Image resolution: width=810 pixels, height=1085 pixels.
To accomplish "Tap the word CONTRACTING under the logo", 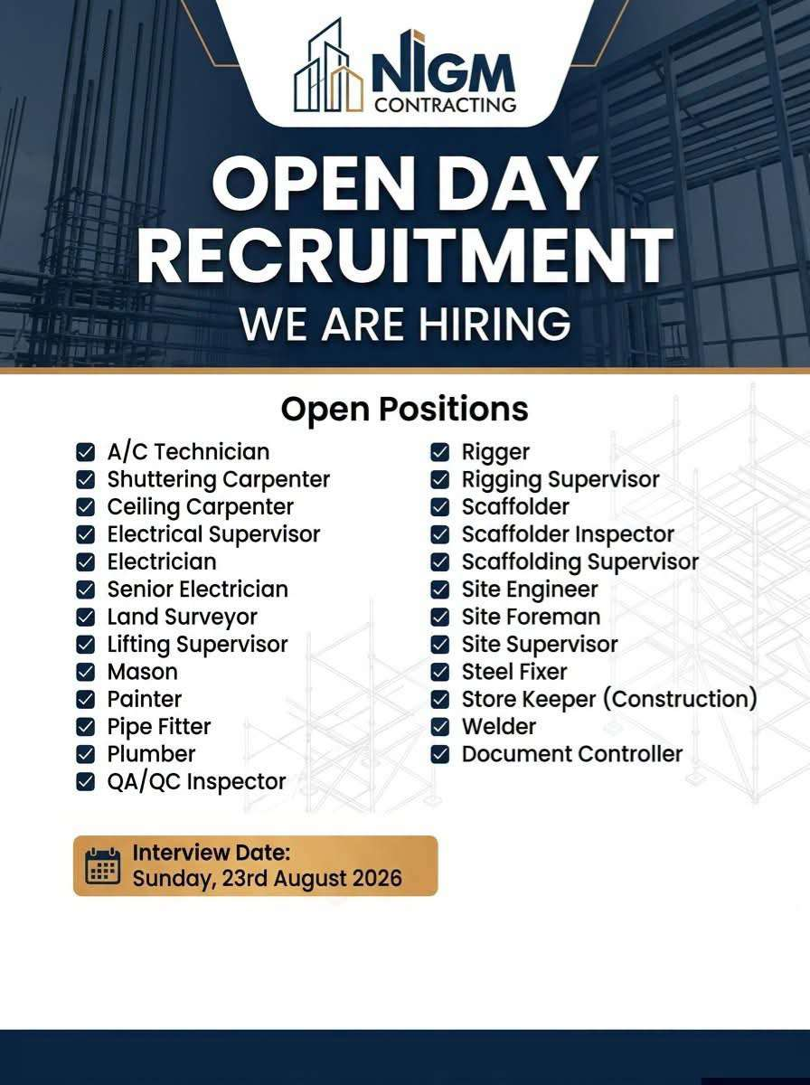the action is pos(446,105).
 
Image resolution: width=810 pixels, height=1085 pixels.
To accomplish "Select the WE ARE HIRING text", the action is pos(405,324).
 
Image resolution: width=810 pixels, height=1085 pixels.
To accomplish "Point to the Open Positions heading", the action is pos(405,410).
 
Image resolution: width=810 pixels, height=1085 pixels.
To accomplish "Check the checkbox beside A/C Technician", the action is pos(86,452).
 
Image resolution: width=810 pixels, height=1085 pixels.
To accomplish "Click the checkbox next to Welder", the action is pos(440,727).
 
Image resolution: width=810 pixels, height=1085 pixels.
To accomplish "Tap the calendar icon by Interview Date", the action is pos(103,865).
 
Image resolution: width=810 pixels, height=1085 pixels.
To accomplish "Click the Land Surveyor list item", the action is pos(183,618).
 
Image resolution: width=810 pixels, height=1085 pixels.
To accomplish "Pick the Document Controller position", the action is pos(572,754).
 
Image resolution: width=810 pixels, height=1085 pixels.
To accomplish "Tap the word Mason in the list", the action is pos(142,672).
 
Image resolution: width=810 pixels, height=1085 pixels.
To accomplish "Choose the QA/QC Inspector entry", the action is pos(197,782).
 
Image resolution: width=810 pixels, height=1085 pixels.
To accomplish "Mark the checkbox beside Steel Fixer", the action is pos(440,672).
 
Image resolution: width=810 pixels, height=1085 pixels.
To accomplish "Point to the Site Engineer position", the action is pos(530,590).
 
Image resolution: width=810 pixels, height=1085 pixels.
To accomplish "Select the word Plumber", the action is pos(151,754).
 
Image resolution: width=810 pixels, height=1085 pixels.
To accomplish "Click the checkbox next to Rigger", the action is pos(440,452).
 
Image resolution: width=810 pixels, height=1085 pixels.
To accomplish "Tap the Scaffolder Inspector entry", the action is pos(568,534).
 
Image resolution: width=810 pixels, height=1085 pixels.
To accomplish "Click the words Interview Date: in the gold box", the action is pos(211,853).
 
